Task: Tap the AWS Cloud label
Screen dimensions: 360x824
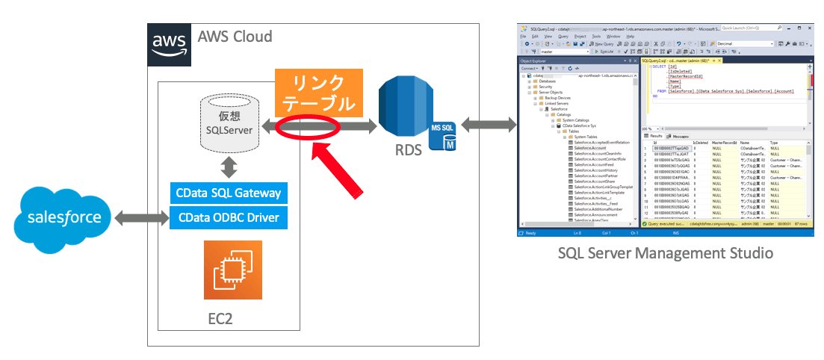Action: tap(235, 37)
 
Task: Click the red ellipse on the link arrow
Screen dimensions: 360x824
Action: tap(308, 128)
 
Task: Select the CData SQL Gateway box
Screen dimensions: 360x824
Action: tap(229, 193)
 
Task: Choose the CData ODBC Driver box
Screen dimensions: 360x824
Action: tap(229, 218)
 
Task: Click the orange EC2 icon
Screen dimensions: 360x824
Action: tap(232, 270)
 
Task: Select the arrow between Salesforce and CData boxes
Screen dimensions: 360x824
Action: tap(137, 218)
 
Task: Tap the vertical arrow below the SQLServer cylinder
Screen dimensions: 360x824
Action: tap(229, 164)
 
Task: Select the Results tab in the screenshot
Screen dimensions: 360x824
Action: tap(654, 136)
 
